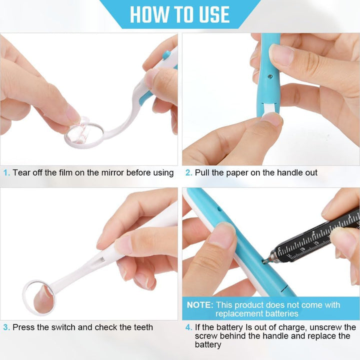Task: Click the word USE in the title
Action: coord(214,14)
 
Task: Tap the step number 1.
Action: coord(6,172)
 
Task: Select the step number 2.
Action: coord(188,172)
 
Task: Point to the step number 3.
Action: coord(6,327)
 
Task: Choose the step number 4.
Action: coord(188,327)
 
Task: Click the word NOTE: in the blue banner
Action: coord(200,305)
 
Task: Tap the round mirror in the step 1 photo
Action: coord(84,136)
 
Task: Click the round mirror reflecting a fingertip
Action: coord(39,298)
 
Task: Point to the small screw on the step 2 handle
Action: coord(270,76)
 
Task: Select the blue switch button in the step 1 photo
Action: coord(166,54)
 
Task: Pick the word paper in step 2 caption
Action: coord(237,173)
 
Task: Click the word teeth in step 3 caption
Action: coord(142,327)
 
